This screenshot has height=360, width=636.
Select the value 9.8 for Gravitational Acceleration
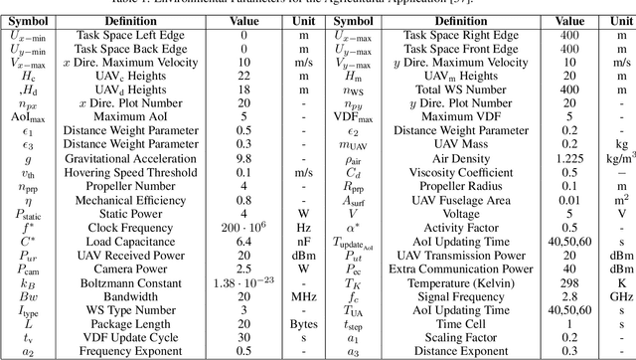click(242, 156)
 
